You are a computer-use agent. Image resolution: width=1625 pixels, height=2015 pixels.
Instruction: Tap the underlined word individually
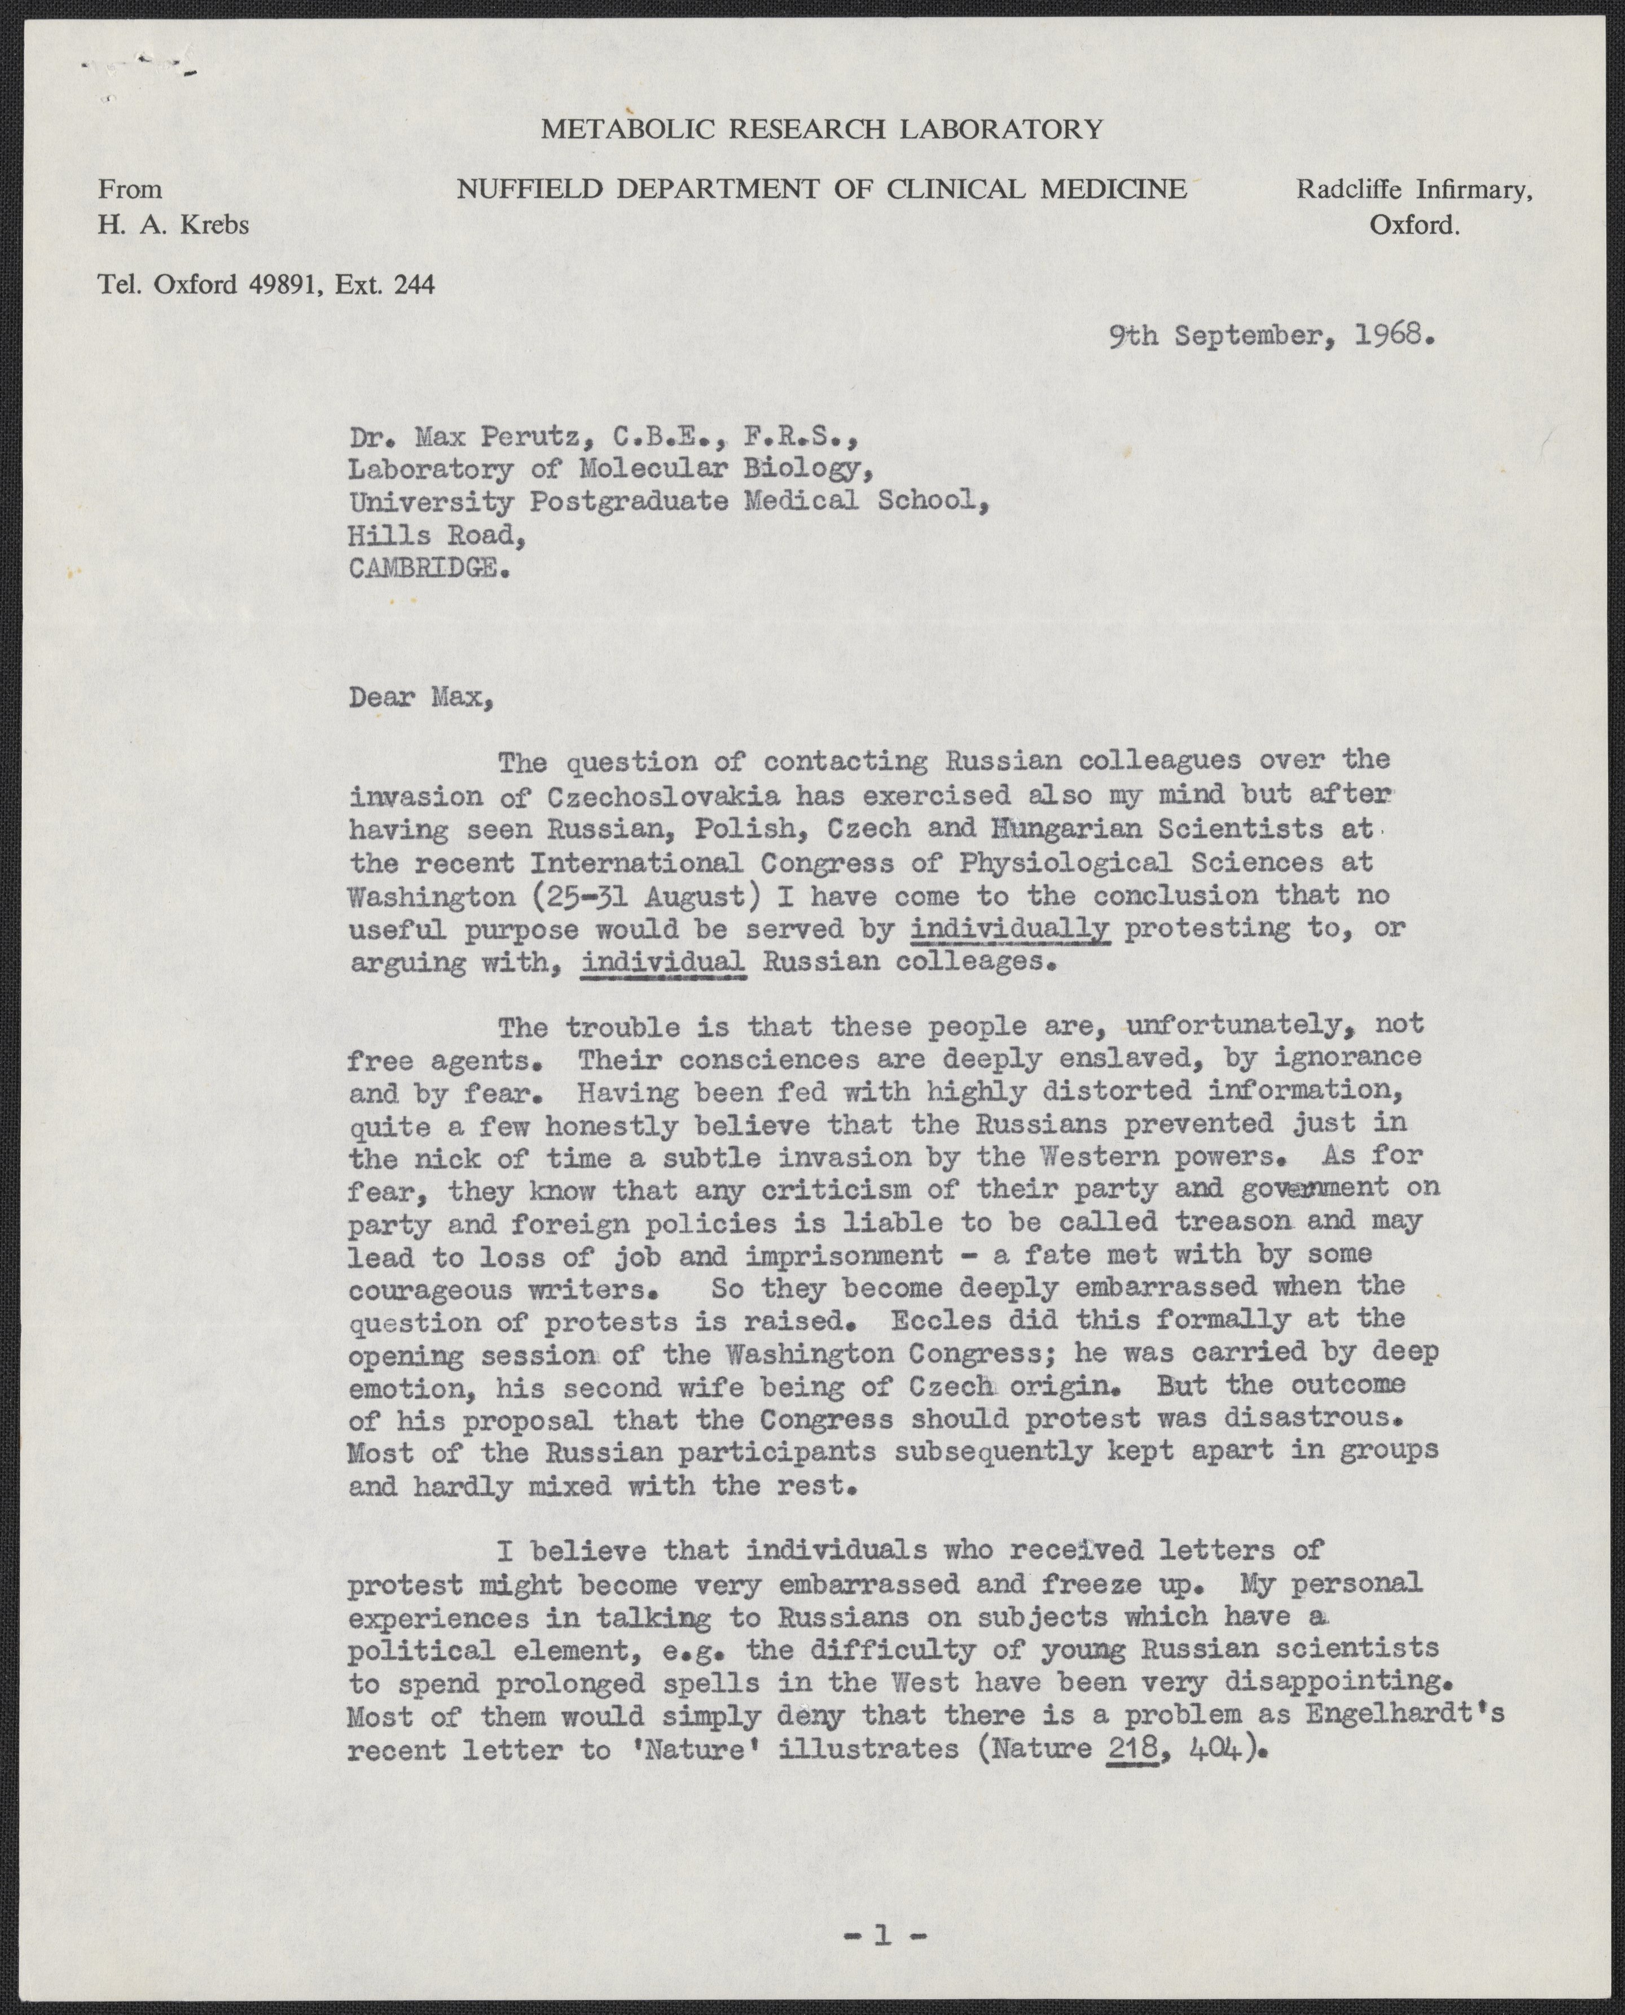[1009, 929]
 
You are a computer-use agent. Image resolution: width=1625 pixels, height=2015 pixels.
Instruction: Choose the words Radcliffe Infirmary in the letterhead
[1413, 190]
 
